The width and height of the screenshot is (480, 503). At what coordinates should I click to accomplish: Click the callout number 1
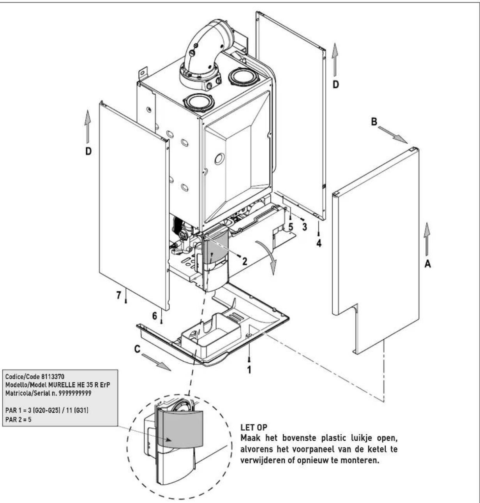pos(249,370)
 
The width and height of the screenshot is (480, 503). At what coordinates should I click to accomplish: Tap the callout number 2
pos(245,261)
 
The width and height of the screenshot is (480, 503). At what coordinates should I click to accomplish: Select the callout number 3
pos(304,227)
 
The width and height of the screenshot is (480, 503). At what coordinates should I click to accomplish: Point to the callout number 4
pos(319,243)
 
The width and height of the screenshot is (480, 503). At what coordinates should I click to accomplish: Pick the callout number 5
pos(291,227)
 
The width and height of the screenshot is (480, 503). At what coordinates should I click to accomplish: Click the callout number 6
pos(154,316)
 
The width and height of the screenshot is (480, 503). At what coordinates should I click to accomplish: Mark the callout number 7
pos(118,295)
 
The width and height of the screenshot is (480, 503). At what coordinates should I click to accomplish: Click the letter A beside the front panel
pos(427,264)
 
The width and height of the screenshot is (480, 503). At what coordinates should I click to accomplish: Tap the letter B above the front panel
pos(374,122)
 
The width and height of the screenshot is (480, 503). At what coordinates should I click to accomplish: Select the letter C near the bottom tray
pos(138,349)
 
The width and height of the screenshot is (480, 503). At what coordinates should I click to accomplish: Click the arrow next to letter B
pos(392,135)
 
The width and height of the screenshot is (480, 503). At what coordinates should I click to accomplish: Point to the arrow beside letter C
pos(156,362)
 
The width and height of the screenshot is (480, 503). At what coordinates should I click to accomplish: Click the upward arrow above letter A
pos(427,239)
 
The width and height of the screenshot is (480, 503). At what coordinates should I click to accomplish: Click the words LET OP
pos(254,427)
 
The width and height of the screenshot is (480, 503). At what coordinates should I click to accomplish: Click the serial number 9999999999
pos(75,393)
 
